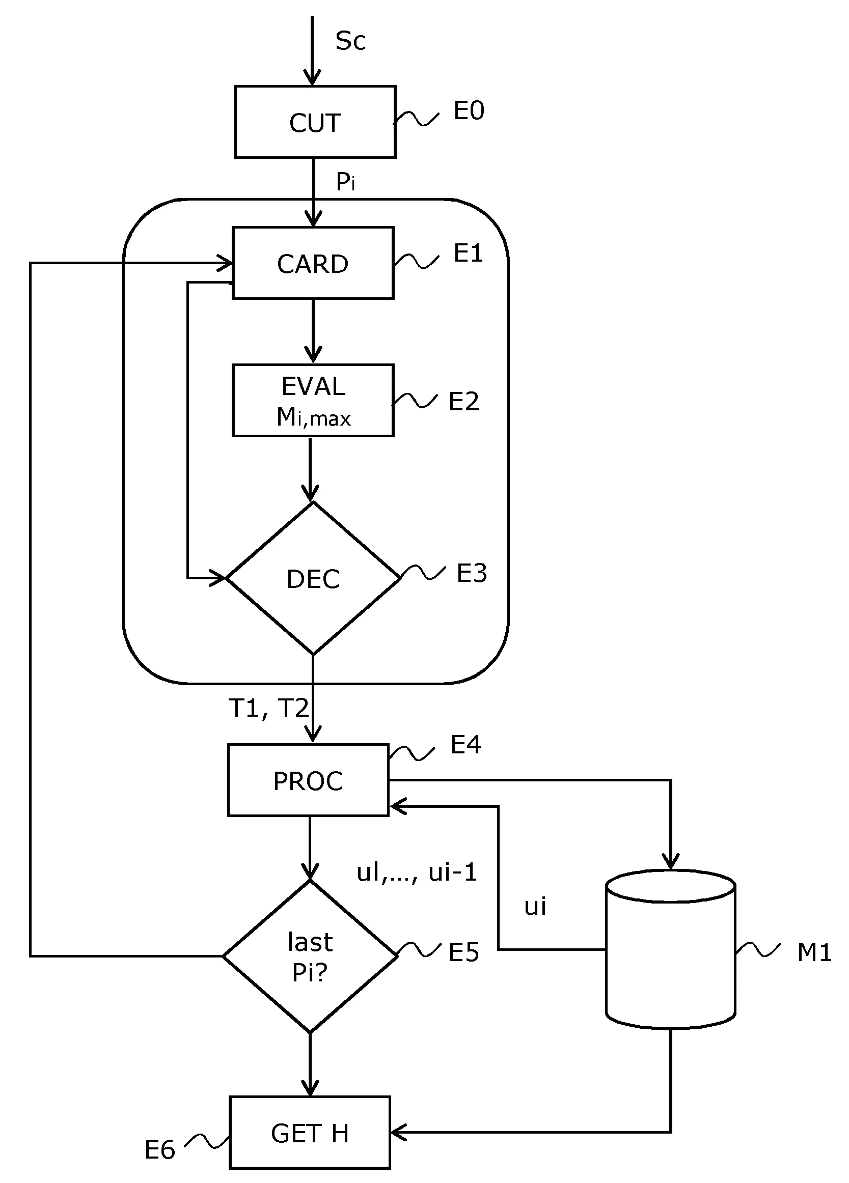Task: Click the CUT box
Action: pyautogui.click(x=315, y=122)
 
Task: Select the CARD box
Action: pyautogui.click(x=313, y=263)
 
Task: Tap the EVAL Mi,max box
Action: pyautogui.click(x=313, y=401)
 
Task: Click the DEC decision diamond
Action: pyautogui.click(x=313, y=578)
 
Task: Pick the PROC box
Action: pyautogui.click(x=309, y=780)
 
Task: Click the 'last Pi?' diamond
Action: pyautogui.click(x=310, y=956)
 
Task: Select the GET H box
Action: pyautogui.click(x=310, y=1133)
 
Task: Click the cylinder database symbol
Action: pyautogui.click(x=671, y=949)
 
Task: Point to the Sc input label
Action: pyautogui.click(x=350, y=41)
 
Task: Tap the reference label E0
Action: pyautogui.click(x=469, y=110)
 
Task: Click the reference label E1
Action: pyautogui.click(x=468, y=253)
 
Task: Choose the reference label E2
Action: pyautogui.click(x=463, y=402)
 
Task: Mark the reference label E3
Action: pyautogui.click(x=471, y=573)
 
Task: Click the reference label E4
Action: pyautogui.click(x=465, y=745)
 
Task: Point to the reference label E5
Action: pyautogui.click(x=463, y=952)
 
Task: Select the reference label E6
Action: pyautogui.click(x=159, y=1149)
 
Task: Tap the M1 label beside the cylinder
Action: pyautogui.click(x=814, y=952)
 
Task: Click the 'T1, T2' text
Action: pyautogui.click(x=269, y=709)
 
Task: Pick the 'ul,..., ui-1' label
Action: pyautogui.click(x=417, y=872)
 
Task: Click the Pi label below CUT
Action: pyautogui.click(x=345, y=182)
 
